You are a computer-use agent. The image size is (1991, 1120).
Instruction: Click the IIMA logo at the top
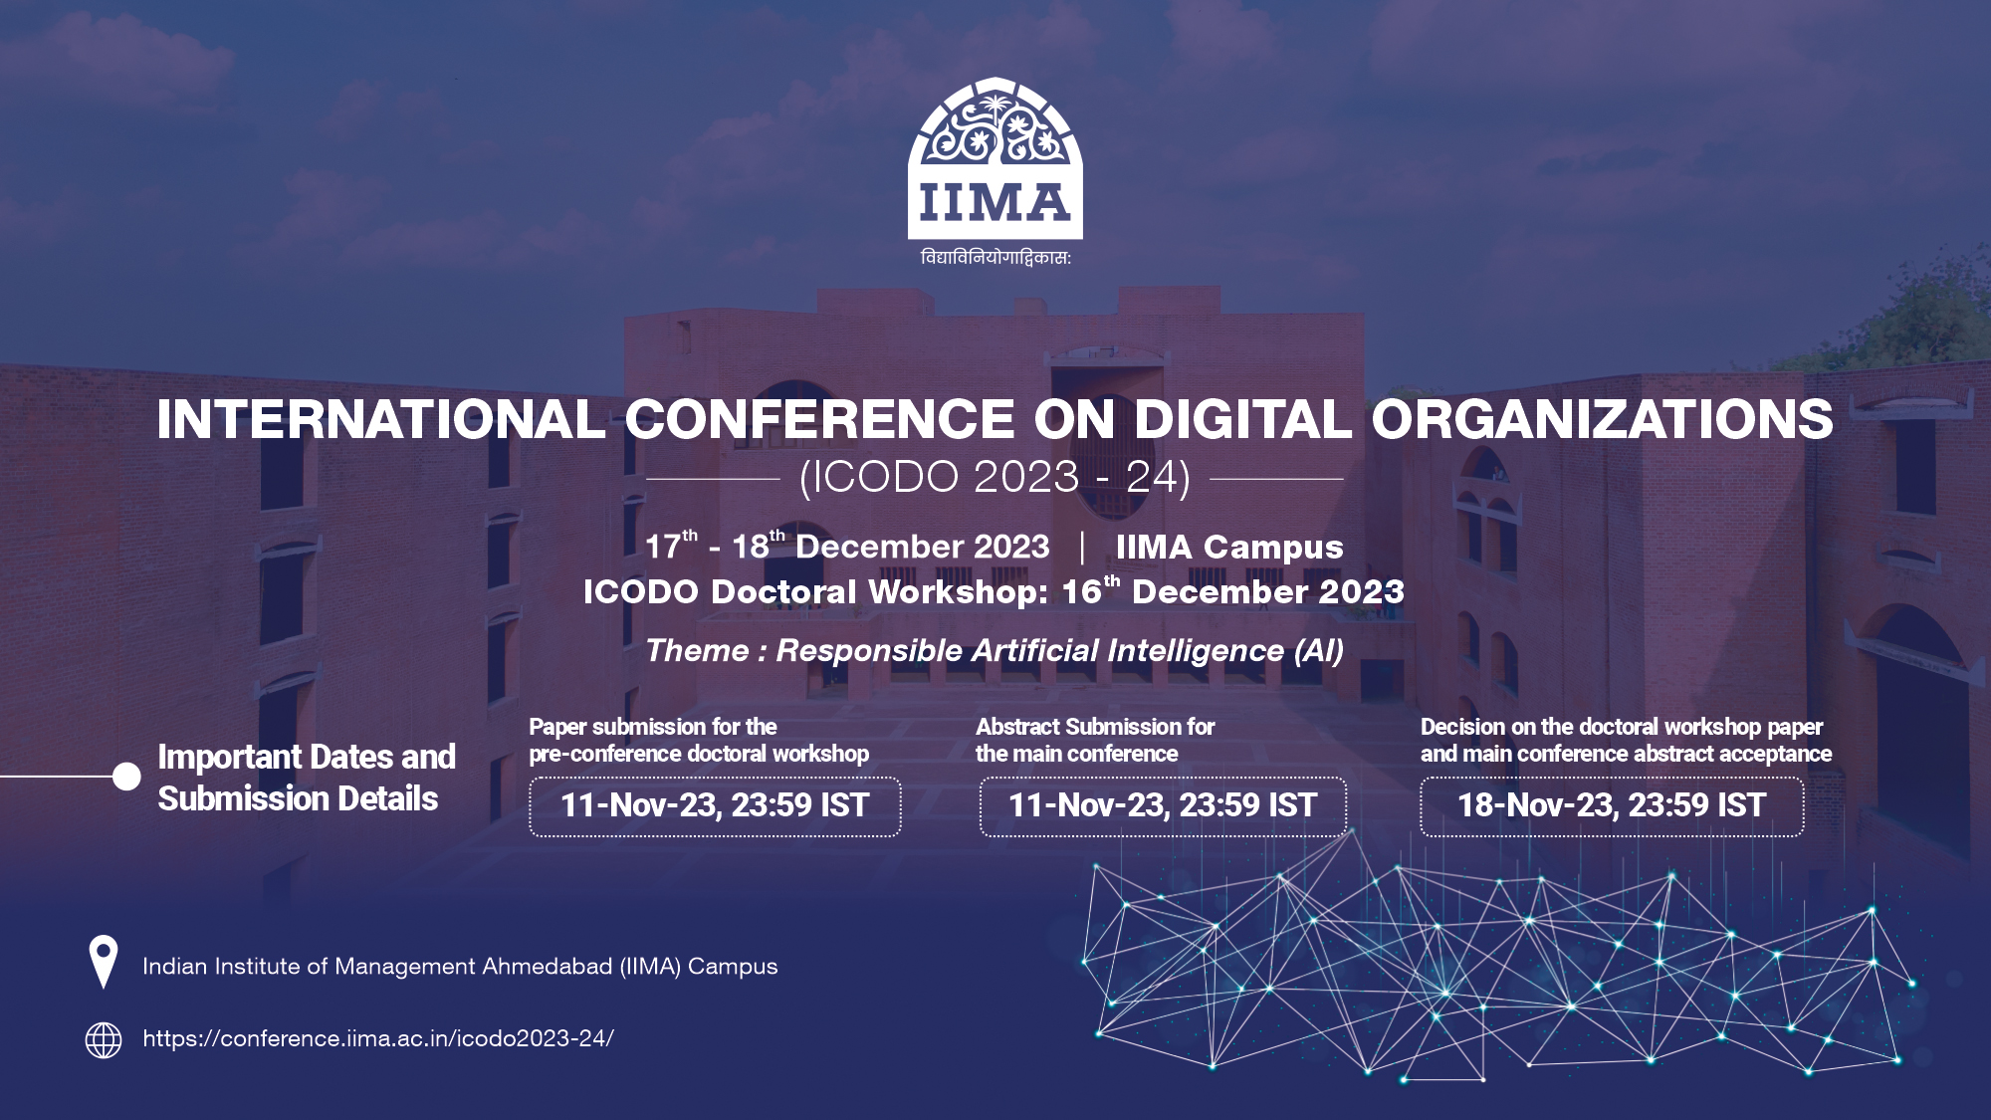[x=995, y=159]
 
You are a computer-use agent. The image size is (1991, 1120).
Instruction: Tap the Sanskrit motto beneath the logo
[x=995, y=258]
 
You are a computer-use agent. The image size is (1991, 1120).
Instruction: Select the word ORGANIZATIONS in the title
[x=1602, y=419]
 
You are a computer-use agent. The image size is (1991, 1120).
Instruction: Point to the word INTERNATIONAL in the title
[x=381, y=419]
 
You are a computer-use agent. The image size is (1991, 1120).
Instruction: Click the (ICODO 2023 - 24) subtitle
[x=995, y=478]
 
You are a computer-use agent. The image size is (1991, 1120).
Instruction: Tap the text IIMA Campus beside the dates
[x=1229, y=547]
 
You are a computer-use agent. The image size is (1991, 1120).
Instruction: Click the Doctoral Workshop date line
[x=994, y=592]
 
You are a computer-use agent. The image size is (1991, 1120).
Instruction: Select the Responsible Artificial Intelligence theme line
[x=995, y=651]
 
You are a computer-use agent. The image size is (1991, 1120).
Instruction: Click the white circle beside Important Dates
[x=126, y=777]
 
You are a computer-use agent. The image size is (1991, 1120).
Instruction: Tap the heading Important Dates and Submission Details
[x=307, y=778]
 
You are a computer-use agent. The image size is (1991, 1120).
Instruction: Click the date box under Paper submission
[x=715, y=806]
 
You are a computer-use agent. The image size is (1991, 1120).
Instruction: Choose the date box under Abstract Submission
[x=1163, y=806]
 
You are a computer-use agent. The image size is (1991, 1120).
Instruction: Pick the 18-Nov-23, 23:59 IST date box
[x=1612, y=806]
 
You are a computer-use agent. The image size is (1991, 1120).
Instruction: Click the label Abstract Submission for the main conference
[x=1095, y=740]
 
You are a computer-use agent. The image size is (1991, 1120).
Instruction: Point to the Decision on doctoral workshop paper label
[x=1626, y=740]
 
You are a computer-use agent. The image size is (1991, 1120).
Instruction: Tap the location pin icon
[x=103, y=961]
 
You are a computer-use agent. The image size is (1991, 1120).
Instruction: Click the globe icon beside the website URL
[x=104, y=1039]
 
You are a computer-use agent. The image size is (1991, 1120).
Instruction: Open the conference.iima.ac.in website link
[x=378, y=1039]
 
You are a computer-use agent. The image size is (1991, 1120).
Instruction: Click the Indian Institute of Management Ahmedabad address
[x=460, y=967]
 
